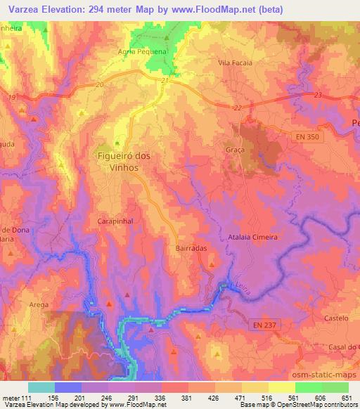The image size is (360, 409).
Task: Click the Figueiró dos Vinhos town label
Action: tap(122, 160)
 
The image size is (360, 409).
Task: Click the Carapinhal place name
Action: tap(114, 220)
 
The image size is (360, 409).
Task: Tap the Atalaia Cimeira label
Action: tap(253, 238)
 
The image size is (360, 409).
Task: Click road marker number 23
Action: tap(318, 95)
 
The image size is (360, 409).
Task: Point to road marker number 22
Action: tap(237, 107)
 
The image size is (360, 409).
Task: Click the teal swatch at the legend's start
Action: tap(41, 387)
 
